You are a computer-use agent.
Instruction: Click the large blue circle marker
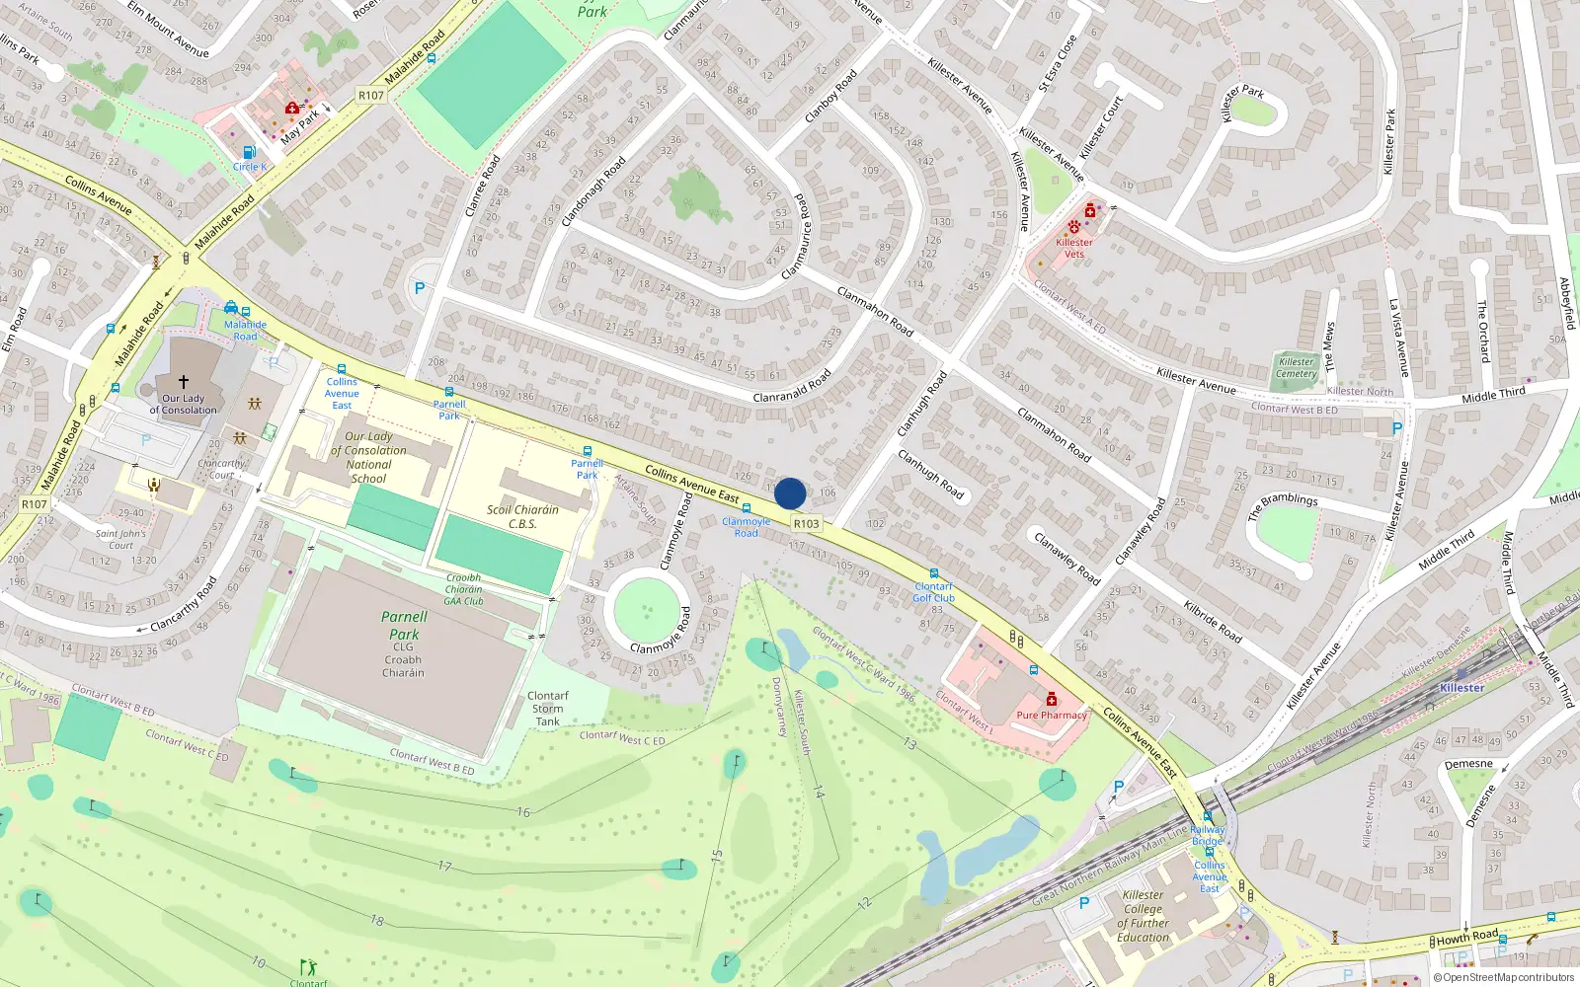[790, 493]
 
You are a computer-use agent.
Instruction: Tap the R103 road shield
[806, 524]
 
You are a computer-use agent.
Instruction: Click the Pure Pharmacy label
[1052, 716]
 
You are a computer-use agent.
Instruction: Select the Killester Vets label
[1074, 248]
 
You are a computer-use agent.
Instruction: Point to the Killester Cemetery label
[1296, 368]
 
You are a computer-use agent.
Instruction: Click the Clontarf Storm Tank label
[548, 709]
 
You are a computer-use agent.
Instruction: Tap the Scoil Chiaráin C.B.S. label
[522, 517]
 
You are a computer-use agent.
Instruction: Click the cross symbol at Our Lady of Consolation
[183, 381]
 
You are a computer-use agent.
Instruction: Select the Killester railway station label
[1461, 688]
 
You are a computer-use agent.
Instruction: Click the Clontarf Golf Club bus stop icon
[933, 573]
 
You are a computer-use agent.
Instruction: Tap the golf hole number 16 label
[523, 812]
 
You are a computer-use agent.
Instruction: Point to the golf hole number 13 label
[909, 743]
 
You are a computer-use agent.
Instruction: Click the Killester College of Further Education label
[1144, 916]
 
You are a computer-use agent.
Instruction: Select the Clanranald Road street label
[792, 387]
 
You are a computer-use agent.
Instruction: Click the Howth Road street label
[1467, 937]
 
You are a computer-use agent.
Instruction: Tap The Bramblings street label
[1283, 506]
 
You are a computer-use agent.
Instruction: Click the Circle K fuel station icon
[249, 153]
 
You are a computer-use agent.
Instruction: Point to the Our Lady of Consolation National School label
[368, 457]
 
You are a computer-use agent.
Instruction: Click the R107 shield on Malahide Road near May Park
[370, 96]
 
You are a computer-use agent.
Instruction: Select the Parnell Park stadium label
[404, 626]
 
